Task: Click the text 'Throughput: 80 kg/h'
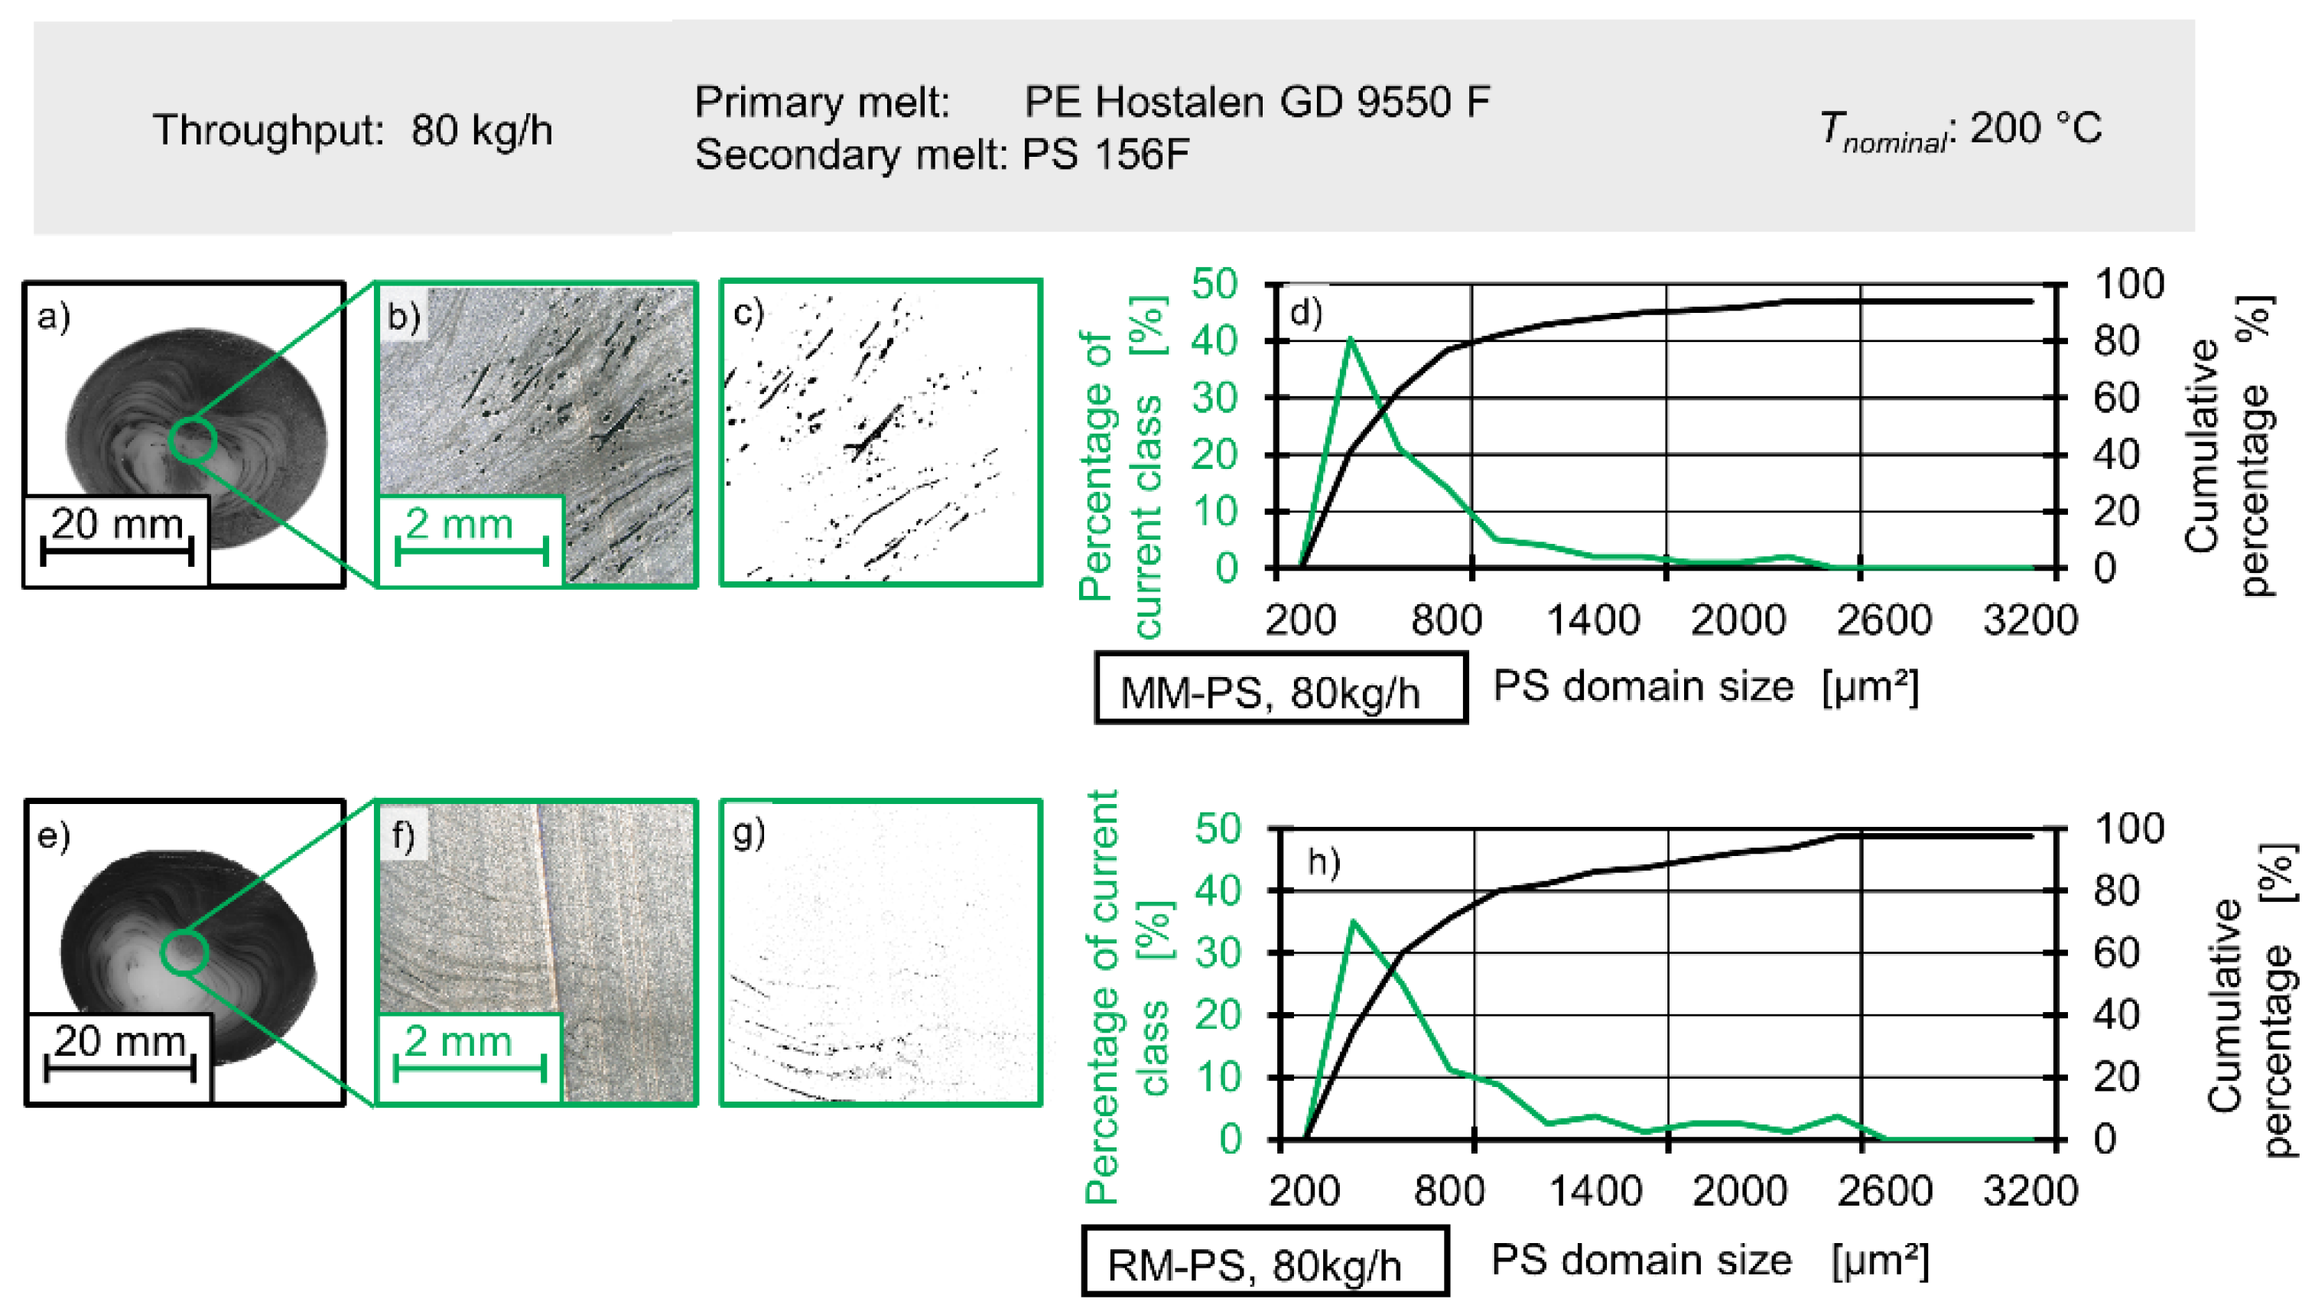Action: (352, 130)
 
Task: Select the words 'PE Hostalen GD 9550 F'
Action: (1256, 102)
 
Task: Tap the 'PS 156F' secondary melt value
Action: (1105, 155)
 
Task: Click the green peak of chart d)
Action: (1350, 340)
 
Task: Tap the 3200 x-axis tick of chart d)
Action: (2030, 621)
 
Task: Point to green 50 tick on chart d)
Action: (1214, 285)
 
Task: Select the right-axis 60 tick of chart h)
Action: (2115, 953)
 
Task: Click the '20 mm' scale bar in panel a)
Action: (117, 539)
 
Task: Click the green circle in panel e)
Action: (184, 952)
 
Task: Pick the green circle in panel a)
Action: (192, 440)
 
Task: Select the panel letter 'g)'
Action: (749, 832)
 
